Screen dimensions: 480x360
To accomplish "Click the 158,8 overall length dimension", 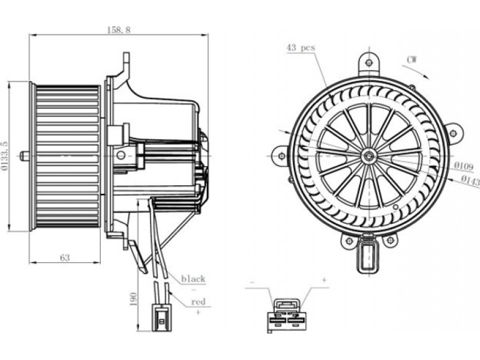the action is pyautogui.click(x=119, y=29).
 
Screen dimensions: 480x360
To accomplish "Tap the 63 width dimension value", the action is pyautogui.click(x=65, y=258).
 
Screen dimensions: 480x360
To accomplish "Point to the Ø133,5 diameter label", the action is pyautogui.click(x=4, y=155).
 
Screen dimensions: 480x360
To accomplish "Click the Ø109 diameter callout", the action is pyautogui.click(x=463, y=166).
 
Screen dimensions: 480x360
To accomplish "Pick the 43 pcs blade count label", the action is pyautogui.click(x=301, y=48).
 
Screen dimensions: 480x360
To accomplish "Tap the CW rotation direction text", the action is pyautogui.click(x=412, y=60).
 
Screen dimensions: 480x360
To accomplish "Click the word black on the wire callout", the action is pyautogui.click(x=193, y=279).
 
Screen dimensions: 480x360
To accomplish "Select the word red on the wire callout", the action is pyautogui.click(x=198, y=302).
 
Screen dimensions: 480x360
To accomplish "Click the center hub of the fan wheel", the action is pyautogui.click(x=368, y=156).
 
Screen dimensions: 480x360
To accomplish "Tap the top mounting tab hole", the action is pyautogui.click(x=369, y=62).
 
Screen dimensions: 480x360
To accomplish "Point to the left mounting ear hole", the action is pyautogui.click(x=281, y=156).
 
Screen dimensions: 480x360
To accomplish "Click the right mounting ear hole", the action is pyautogui.click(x=454, y=133).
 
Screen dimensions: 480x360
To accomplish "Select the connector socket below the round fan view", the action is pyautogui.click(x=368, y=254).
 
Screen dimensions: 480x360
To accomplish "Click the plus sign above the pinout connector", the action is pyautogui.click(x=324, y=280).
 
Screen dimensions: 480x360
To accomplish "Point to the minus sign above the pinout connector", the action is pyautogui.click(x=251, y=282).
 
